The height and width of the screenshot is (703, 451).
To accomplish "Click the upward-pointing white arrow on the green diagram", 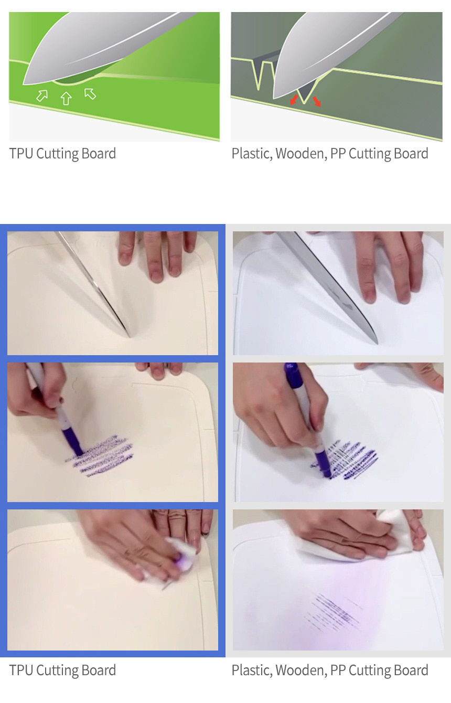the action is [66, 98].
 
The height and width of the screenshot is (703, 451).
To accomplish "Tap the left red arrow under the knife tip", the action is [294, 100].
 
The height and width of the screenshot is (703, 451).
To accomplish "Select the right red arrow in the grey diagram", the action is [317, 101].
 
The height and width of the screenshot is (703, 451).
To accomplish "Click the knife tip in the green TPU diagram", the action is [24, 84].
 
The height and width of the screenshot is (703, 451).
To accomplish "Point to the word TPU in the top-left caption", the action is [22, 154].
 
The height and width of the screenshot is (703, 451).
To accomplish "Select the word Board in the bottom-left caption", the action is [99, 670].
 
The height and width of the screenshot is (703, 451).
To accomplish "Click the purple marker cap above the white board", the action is [294, 375].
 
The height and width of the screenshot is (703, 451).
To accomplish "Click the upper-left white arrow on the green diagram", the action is [42, 95].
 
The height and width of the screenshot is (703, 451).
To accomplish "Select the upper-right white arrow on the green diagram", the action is [90, 93].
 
